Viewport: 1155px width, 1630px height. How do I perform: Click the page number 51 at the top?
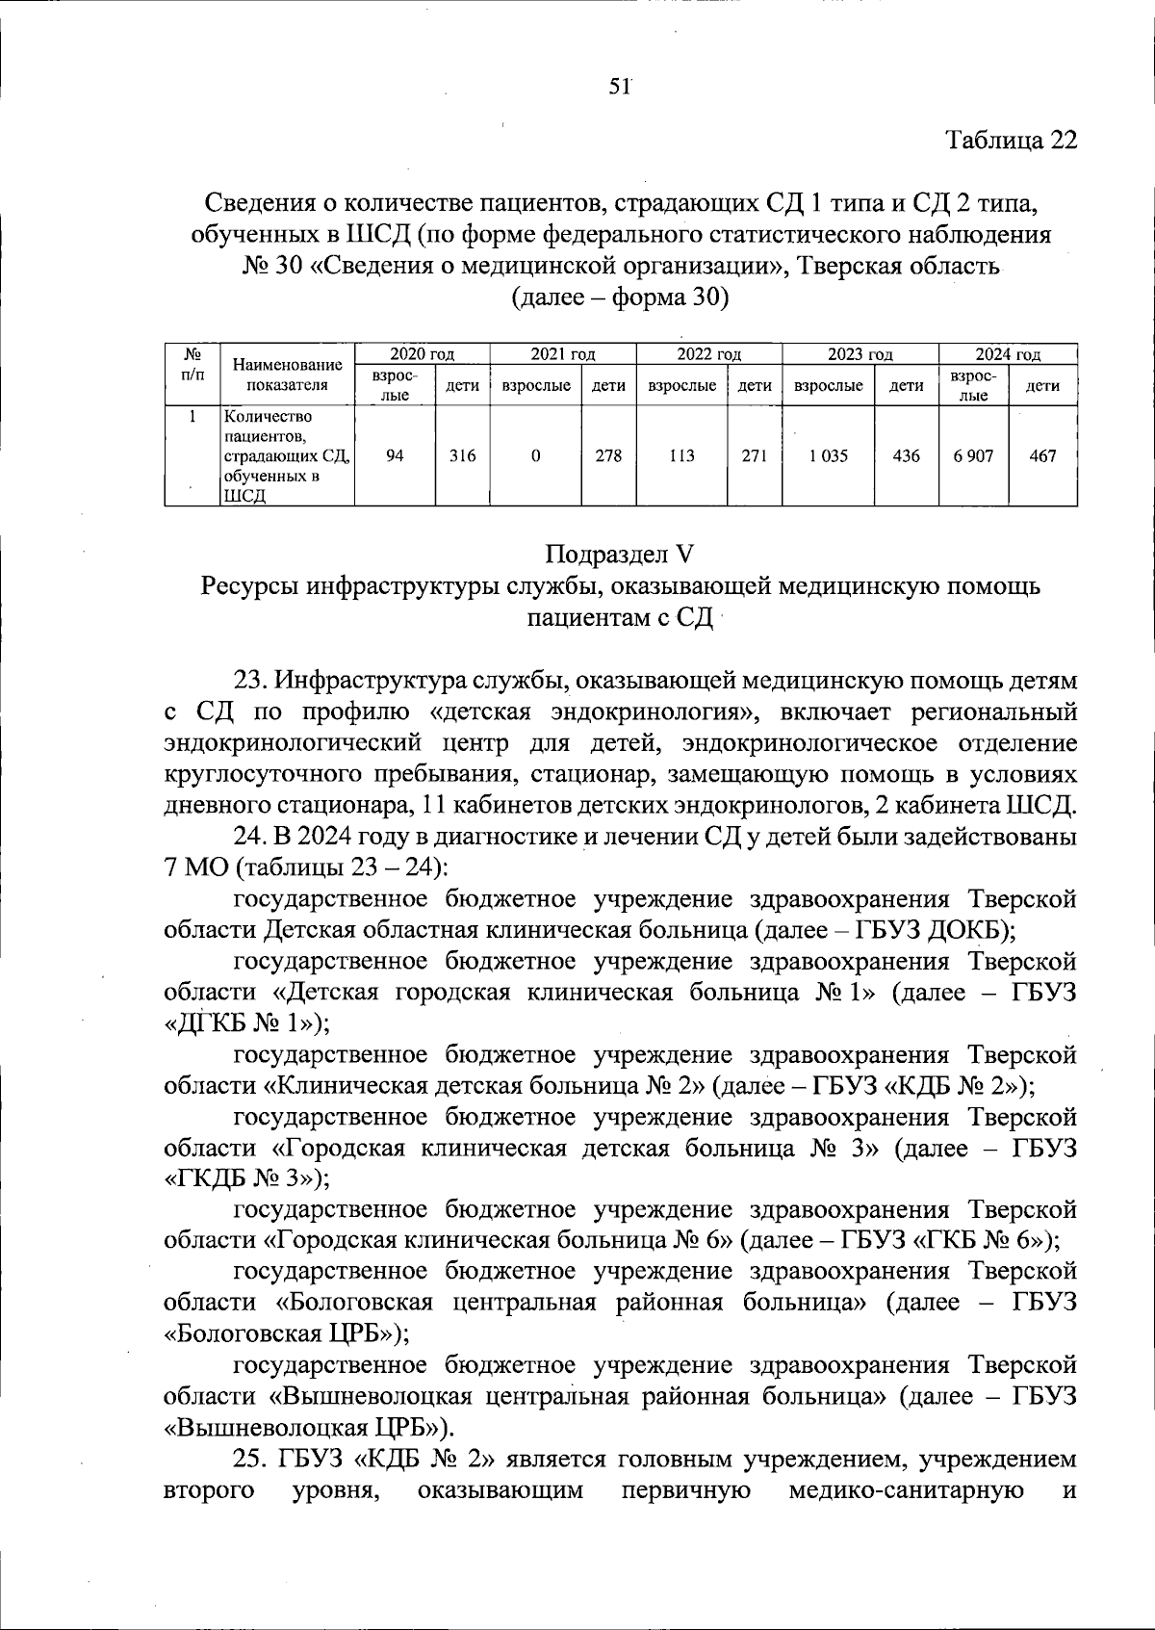coord(619,87)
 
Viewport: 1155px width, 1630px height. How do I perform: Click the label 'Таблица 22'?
coord(1012,141)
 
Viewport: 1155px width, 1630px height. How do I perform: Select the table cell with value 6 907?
coord(973,456)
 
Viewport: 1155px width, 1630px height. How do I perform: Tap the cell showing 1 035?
coord(828,456)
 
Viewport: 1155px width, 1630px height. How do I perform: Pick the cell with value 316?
coord(463,456)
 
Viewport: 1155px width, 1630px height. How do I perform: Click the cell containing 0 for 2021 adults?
coord(535,456)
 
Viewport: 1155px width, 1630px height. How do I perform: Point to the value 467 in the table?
coord(1042,456)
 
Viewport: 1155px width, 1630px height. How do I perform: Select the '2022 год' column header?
coord(708,354)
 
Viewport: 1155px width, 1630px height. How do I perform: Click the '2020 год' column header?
coord(422,354)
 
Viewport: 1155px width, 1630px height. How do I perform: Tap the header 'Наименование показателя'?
coord(287,375)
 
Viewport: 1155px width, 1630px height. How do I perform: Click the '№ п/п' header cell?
coord(192,365)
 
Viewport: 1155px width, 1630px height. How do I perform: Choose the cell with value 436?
coord(906,456)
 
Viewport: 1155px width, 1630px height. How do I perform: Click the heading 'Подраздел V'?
coord(619,555)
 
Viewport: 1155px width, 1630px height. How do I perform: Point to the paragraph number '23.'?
coord(250,681)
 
